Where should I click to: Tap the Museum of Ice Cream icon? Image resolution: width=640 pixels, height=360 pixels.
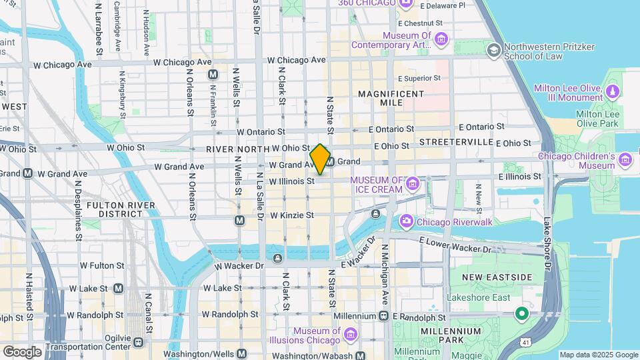[413, 183]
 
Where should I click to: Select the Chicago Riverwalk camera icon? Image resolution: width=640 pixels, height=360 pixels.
[406, 221]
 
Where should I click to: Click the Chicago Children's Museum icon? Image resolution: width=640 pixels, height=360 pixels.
[625, 159]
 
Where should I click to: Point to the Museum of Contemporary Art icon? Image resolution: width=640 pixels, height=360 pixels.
[441, 40]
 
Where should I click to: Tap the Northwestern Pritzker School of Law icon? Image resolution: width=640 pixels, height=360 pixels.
[493, 50]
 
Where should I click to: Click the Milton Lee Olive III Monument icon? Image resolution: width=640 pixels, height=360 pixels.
[612, 92]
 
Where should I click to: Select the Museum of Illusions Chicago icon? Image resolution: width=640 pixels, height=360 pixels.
[351, 333]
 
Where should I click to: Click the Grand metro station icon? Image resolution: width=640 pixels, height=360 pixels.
[329, 161]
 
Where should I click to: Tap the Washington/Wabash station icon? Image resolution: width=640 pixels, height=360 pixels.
[361, 356]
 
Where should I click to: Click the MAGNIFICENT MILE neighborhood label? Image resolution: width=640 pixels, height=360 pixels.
[390, 99]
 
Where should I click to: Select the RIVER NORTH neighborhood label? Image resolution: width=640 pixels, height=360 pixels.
[237, 149]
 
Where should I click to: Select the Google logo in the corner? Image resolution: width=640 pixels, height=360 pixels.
[22, 351]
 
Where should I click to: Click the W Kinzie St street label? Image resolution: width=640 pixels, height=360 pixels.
[291, 215]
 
